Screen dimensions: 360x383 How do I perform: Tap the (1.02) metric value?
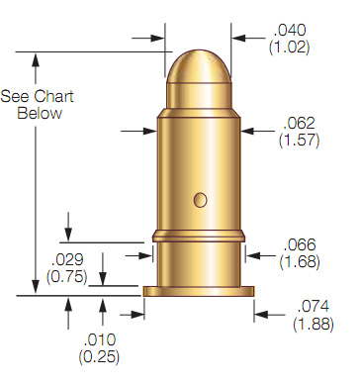(x=290, y=47)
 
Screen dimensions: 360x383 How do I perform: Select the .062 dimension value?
(x=299, y=123)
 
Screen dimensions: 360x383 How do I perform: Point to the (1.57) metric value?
(x=299, y=140)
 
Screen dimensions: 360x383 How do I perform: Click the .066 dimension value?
(x=300, y=244)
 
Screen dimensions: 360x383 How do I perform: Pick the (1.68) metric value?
(x=300, y=261)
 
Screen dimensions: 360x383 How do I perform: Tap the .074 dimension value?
(x=314, y=307)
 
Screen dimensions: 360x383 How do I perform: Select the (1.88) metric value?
(x=314, y=324)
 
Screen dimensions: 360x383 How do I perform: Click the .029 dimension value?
(x=67, y=260)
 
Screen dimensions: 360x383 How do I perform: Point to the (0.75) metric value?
(x=67, y=276)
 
